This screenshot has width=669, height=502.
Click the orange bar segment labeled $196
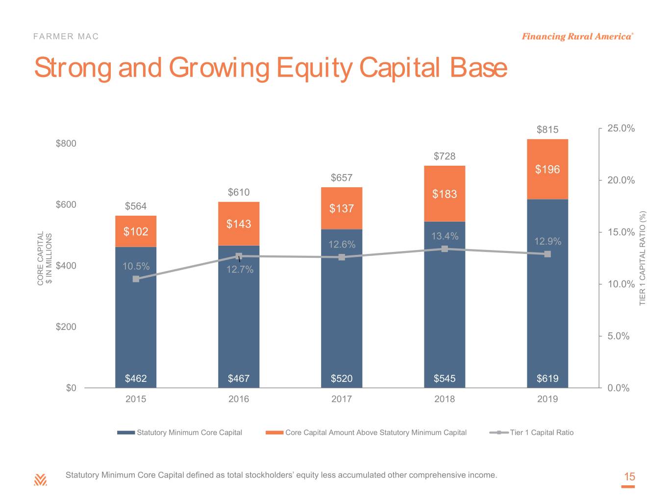(547, 169)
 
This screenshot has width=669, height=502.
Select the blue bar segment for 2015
(136, 317)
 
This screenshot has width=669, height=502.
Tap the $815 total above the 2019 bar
(547, 129)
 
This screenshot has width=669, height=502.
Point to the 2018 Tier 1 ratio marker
(445, 249)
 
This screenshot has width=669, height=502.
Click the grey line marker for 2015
(136, 279)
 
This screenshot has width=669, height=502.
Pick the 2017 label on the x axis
(341, 399)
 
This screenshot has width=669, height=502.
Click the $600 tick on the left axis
(66, 204)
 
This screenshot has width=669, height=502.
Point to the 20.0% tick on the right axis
(621, 180)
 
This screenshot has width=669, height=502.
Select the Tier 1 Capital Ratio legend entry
(531, 432)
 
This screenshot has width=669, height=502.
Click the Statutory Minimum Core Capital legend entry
(179, 432)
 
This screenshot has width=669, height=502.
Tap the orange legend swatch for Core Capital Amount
(274, 432)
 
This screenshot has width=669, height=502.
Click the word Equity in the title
(315, 68)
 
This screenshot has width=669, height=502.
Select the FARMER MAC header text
(66, 37)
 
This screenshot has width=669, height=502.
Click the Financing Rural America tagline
(577, 37)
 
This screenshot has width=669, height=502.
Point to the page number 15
(629, 477)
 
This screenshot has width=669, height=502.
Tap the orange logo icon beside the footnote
(40, 479)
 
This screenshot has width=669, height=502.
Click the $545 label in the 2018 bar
(445, 378)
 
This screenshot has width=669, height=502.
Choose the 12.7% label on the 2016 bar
(240, 270)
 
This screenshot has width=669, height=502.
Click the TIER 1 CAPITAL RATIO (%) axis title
(642, 258)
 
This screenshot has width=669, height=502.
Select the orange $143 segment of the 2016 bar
(239, 224)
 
